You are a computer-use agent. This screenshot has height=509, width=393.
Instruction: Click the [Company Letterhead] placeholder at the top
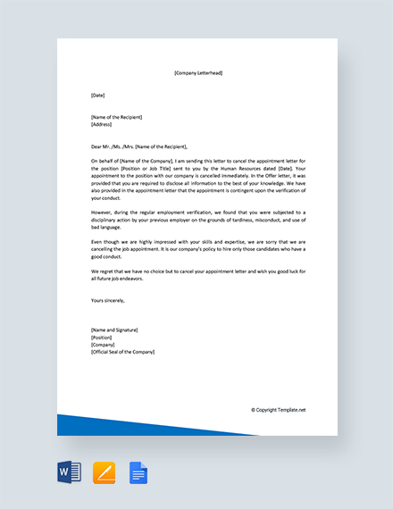point(197,73)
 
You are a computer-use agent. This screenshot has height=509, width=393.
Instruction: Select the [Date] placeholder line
point(98,95)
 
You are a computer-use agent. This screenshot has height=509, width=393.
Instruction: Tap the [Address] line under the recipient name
point(102,124)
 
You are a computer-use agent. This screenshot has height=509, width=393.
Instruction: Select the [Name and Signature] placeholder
point(114,330)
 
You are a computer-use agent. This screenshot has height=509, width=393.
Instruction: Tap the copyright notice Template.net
point(278,410)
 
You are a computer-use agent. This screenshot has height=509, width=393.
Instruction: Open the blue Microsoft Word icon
point(69,471)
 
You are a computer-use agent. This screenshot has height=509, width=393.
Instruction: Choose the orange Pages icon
point(105,471)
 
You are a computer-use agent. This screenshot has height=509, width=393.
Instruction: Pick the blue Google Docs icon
point(138,471)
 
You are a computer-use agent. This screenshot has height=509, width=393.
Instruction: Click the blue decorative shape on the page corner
point(98,425)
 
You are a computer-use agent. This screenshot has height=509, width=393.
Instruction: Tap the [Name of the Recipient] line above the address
point(116,117)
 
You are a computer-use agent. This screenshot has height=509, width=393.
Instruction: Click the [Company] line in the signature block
point(104,345)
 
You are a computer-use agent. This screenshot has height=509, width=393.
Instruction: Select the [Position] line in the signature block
point(103,338)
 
